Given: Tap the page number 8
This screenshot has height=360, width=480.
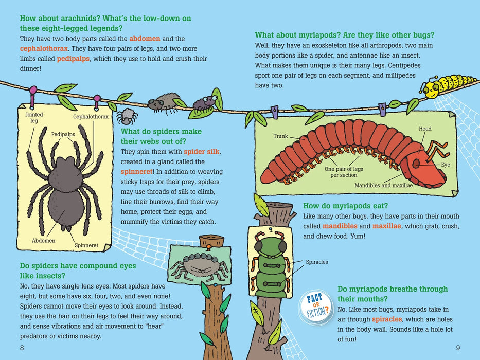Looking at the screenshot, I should [22, 348].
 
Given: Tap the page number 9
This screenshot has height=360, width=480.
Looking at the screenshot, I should [457, 348].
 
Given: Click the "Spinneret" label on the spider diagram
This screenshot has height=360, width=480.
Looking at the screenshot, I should [86, 245].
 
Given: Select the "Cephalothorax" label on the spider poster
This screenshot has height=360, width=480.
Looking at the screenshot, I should [91, 117].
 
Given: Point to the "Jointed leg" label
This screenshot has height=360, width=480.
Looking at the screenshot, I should [34, 118].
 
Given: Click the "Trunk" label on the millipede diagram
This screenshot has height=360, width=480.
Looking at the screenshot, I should [280, 137].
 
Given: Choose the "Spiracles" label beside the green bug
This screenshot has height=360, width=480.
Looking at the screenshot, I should [316, 262].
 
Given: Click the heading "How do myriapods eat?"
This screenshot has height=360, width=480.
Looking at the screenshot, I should [346, 206].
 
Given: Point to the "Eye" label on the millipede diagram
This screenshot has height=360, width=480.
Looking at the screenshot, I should [446, 165].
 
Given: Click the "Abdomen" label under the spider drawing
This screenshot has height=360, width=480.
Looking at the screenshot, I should [43, 240].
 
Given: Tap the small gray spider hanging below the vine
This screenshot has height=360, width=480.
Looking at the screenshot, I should [126, 117].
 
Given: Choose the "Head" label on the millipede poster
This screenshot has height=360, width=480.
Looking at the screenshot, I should [425, 129].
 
